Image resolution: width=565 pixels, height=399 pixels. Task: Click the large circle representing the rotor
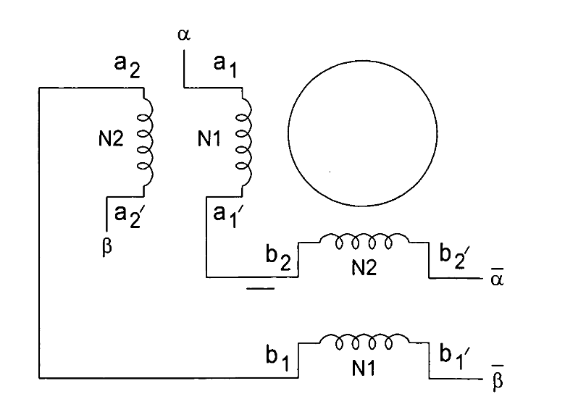point(288,133)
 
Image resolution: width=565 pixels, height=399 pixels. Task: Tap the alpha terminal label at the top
point(184,35)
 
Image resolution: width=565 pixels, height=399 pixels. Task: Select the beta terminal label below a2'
point(107,247)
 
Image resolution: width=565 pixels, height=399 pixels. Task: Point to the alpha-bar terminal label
point(497,277)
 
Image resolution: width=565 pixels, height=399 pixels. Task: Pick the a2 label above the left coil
point(127,66)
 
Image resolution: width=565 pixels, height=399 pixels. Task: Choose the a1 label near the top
point(225,66)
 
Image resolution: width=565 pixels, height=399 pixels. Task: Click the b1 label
point(277,358)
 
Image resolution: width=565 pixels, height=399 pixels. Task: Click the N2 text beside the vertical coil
point(111,138)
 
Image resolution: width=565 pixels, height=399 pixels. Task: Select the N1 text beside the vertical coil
point(209,138)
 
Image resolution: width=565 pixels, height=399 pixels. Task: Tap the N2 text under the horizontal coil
point(364,267)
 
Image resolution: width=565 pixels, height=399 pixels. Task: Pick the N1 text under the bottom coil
point(363,368)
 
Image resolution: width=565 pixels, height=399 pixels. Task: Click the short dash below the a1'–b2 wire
point(260,288)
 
